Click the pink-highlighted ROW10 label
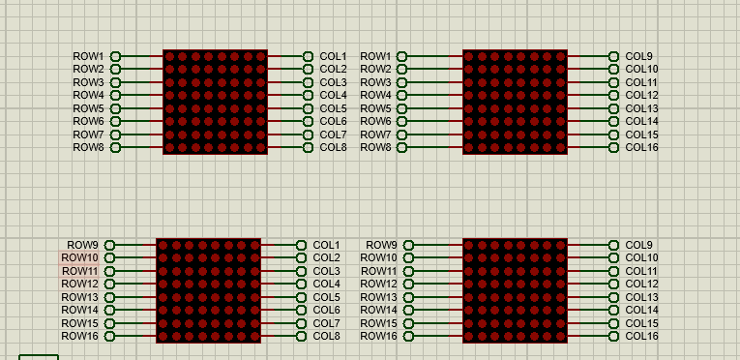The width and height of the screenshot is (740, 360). [x=79, y=258]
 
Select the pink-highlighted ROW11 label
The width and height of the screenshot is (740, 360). [x=79, y=271]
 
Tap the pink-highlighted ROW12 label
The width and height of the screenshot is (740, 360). [x=79, y=284]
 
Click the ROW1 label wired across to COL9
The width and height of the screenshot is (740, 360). [x=375, y=56]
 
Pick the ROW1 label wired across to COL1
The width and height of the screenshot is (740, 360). [x=88, y=56]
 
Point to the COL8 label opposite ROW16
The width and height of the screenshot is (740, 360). [x=327, y=336]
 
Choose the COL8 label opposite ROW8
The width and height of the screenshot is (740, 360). [x=333, y=147]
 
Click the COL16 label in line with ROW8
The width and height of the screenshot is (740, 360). [x=641, y=147]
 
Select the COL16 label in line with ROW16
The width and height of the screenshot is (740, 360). [x=641, y=336]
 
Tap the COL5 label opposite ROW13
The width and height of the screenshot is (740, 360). [x=327, y=297]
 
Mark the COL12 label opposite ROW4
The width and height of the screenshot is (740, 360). [x=641, y=96]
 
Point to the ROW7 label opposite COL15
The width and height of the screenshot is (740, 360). [x=375, y=135]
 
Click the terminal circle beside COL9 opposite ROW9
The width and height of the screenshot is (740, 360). [x=613, y=245]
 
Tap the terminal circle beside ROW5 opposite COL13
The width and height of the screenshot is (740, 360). [x=401, y=108]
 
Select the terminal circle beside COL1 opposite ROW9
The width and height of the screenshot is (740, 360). [x=302, y=245]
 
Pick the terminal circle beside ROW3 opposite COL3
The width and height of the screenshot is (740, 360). [x=116, y=82]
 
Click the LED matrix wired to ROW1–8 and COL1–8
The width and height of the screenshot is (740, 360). [x=215, y=102]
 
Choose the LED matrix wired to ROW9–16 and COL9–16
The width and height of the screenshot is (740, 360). [x=515, y=290]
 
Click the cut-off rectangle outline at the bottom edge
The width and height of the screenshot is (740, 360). [x=39, y=355]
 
